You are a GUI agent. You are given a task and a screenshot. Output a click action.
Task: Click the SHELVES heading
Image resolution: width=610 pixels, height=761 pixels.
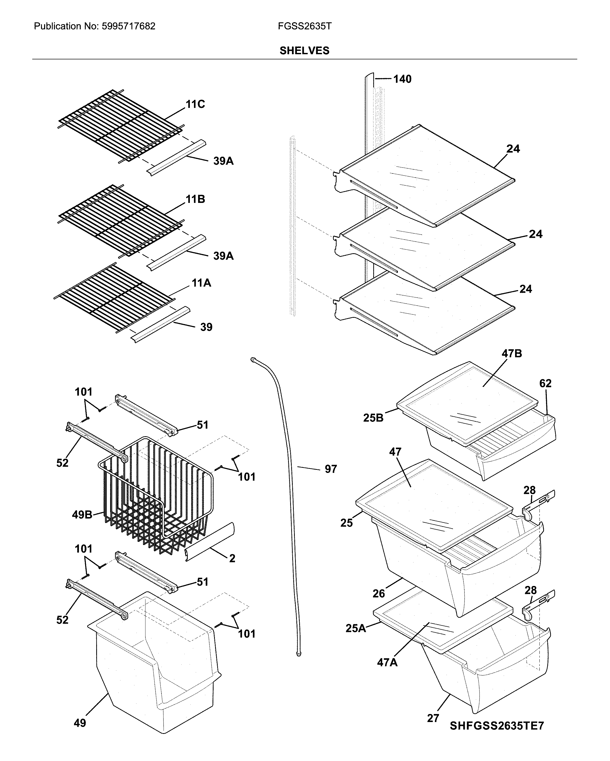coord(304,51)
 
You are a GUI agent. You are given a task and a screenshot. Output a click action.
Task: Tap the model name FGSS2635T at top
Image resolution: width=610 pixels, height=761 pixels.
coord(304,26)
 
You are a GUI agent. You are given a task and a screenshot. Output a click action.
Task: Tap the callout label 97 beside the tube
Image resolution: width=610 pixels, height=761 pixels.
coord(330,469)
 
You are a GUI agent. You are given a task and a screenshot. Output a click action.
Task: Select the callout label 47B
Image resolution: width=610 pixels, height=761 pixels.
coord(512,353)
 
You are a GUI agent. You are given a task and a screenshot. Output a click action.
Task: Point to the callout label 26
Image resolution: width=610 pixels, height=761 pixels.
coord(379,593)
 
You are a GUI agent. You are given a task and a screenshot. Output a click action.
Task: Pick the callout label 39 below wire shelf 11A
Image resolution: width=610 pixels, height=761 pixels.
coord(206,327)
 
